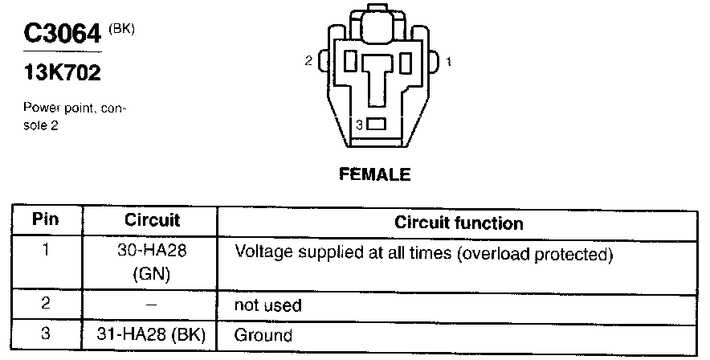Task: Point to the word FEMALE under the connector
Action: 375,174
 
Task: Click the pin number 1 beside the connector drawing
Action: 448,61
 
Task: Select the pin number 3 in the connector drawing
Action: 361,125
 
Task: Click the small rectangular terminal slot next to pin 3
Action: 377,125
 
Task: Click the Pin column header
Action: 46,220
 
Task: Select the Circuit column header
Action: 152,220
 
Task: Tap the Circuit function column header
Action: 459,223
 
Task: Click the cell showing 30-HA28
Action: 152,251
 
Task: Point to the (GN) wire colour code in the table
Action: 152,273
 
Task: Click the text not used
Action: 267,305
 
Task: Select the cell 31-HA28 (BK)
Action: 152,334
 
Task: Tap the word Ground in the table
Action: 263,334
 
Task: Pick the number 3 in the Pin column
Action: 46,333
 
